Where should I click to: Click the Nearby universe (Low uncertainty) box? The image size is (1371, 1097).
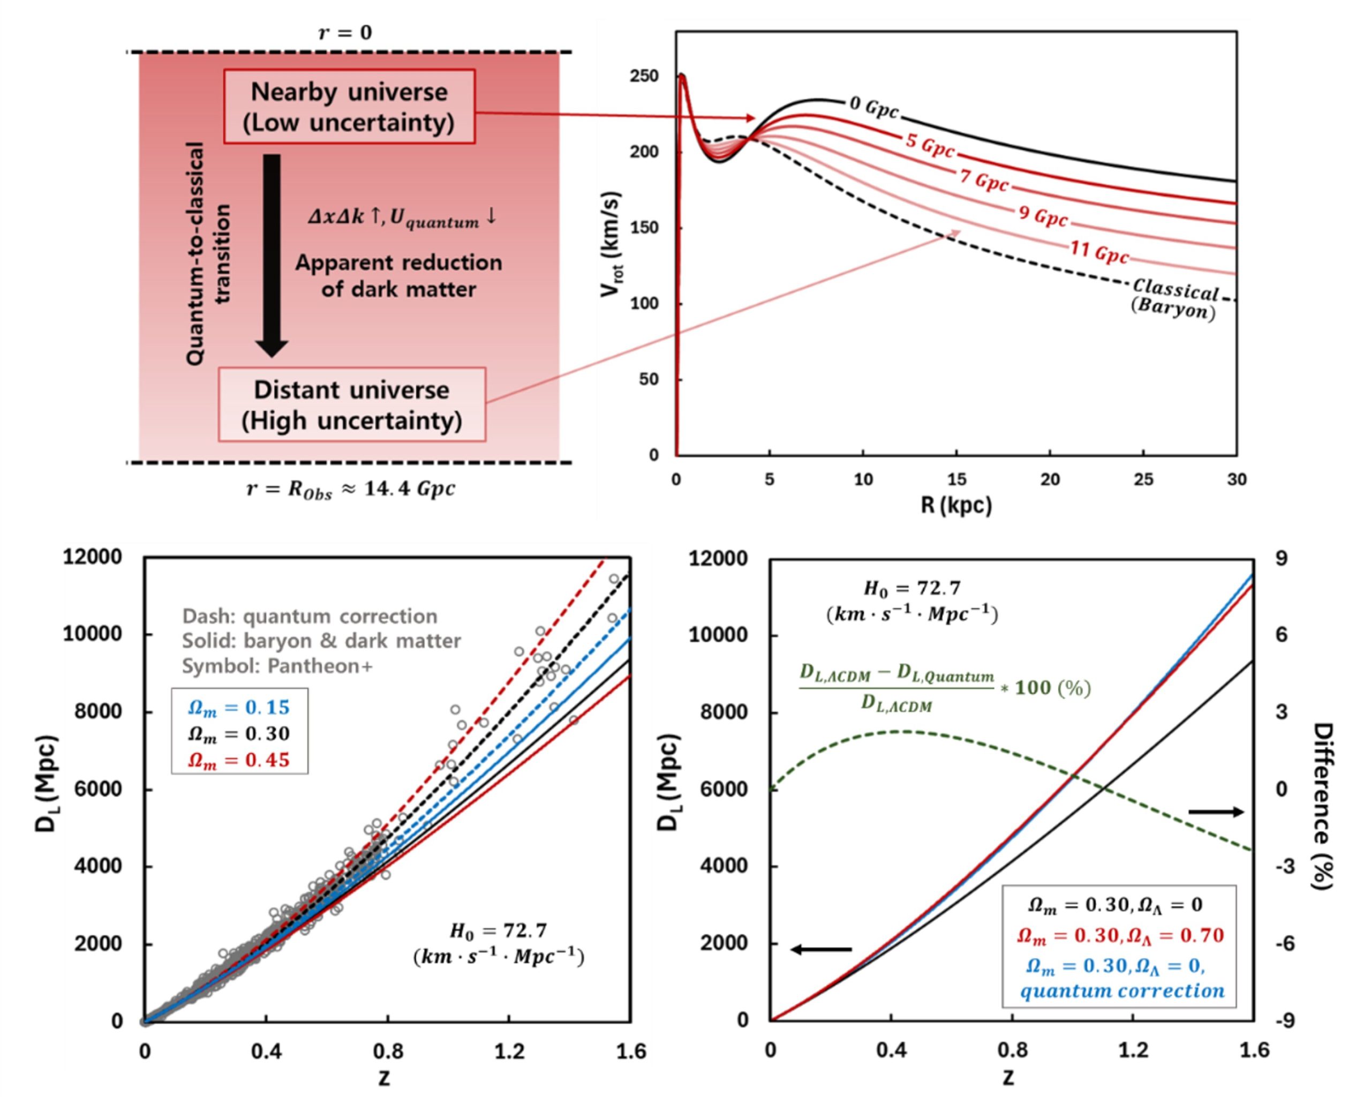349,106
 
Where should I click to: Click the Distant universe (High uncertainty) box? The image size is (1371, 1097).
352,405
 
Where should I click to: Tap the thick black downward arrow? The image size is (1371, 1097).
272,254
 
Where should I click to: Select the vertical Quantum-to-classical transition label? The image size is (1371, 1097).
207,253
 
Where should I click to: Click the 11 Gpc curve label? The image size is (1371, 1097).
1099,252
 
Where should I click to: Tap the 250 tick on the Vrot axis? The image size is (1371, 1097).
644,76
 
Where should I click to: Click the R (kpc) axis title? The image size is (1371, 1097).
956,506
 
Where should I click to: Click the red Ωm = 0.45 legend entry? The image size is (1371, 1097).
238,760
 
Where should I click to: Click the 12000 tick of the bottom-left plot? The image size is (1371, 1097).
92,557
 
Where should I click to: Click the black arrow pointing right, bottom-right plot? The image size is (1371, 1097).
1215,812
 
